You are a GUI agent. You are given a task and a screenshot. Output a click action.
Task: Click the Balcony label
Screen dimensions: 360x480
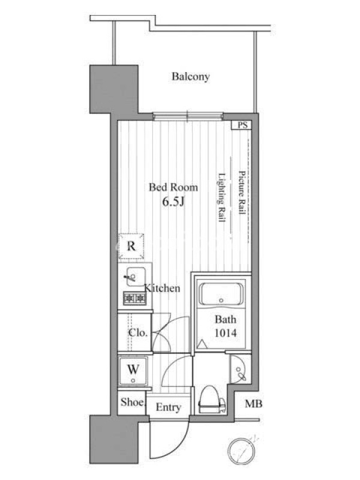(x=190, y=77)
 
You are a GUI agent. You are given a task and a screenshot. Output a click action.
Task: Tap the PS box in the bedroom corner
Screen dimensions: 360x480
(x=242, y=125)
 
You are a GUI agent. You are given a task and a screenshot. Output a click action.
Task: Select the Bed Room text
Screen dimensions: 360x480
(x=173, y=187)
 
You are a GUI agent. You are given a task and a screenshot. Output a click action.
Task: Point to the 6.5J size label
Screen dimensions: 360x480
(x=173, y=202)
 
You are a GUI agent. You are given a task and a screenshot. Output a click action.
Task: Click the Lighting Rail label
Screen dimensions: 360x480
(x=221, y=197)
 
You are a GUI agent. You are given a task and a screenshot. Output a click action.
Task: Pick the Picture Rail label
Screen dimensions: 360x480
(x=242, y=192)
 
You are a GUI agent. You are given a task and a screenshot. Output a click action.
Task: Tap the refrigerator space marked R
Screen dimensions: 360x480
(x=131, y=246)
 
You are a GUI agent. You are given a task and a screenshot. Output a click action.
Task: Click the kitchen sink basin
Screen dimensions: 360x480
(x=136, y=277)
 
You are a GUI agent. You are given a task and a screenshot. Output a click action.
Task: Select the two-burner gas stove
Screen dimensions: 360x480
(x=134, y=298)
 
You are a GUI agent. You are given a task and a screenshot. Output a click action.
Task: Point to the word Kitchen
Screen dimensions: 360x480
(x=162, y=288)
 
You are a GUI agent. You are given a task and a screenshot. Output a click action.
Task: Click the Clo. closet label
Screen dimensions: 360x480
(x=138, y=333)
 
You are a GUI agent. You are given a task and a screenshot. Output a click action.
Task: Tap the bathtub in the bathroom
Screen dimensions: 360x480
(x=221, y=294)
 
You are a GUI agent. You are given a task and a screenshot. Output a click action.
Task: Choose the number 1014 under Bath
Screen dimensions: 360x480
(x=226, y=333)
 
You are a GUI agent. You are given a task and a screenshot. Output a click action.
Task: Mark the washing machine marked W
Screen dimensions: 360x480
(x=133, y=371)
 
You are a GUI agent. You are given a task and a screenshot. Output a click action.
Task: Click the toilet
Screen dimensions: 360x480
(x=211, y=400)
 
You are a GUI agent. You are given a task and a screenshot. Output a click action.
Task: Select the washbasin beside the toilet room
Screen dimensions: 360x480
(x=239, y=369)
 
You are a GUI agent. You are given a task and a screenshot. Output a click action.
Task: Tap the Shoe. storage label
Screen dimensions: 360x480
(x=132, y=402)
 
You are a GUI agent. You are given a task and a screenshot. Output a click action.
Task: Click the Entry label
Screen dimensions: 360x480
(x=169, y=407)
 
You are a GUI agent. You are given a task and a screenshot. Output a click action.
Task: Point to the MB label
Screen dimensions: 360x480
(x=253, y=404)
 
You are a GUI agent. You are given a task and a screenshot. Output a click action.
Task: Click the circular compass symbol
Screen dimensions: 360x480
(x=242, y=451)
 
